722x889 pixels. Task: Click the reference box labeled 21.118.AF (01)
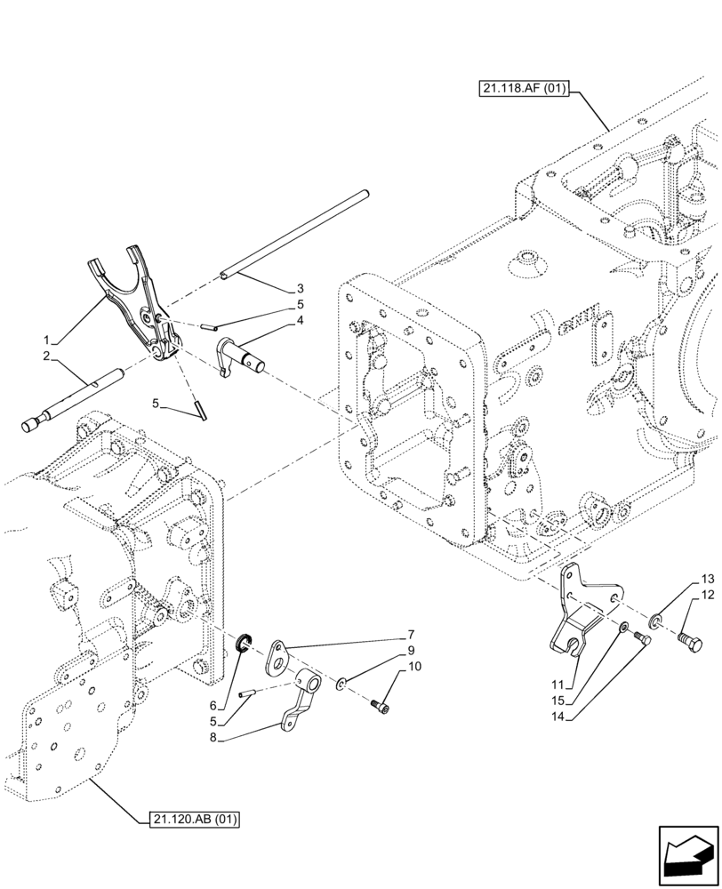point(522,88)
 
